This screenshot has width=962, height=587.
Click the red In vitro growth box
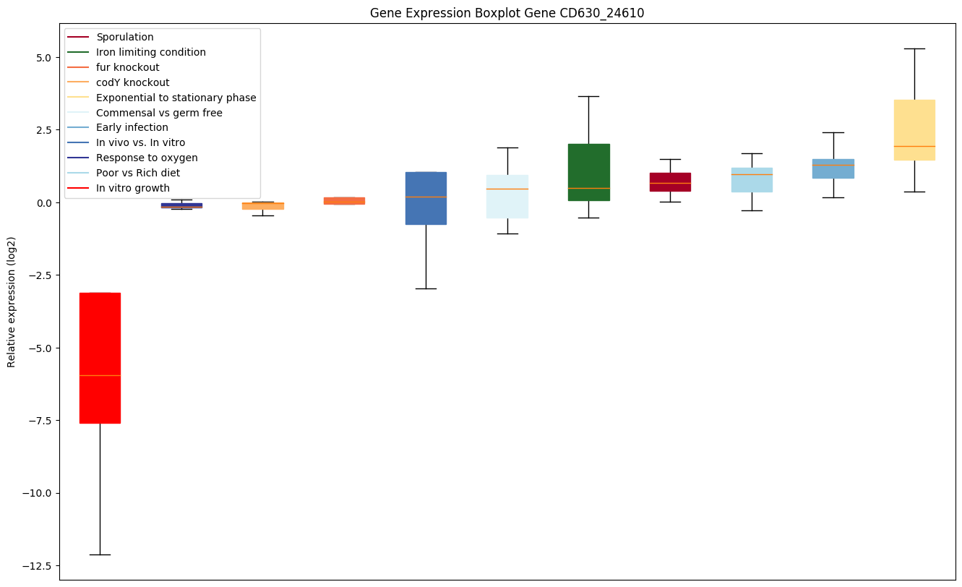click(x=100, y=358)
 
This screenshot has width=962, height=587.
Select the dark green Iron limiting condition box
click(x=589, y=172)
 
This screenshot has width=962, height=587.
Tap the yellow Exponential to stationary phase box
click(x=914, y=130)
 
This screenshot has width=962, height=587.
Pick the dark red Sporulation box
click(x=671, y=182)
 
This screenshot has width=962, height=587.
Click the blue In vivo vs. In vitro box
click(x=426, y=198)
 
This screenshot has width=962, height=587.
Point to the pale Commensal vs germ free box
click(x=507, y=197)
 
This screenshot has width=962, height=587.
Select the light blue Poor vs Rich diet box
click(x=752, y=180)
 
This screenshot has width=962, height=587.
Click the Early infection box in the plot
click(x=833, y=168)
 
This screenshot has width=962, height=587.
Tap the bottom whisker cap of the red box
click(x=100, y=554)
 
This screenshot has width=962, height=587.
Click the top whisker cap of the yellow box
click(x=914, y=49)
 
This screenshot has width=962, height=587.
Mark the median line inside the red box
click(x=100, y=376)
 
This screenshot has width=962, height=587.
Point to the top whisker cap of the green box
click(x=589, y=97)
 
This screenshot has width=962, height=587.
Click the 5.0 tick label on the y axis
click(x=43, y=58)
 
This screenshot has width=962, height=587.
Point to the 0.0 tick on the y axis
click(x=43, y=202)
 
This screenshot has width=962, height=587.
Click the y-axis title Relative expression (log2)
click(x=11, y=302)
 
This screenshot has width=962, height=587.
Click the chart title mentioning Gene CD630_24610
click(x=507, y=13)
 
